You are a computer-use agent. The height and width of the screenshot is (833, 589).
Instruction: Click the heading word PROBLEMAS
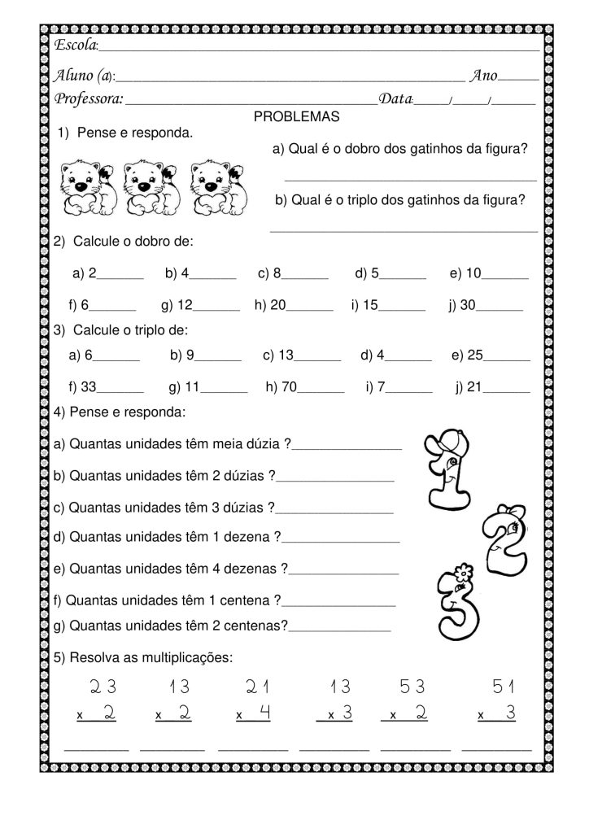pos(296,117)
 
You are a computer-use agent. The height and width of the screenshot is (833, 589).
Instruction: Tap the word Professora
pos(89,98)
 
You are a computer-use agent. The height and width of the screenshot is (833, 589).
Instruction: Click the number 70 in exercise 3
pos(290,388)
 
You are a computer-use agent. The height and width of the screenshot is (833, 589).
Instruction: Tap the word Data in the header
pos(396,98)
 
